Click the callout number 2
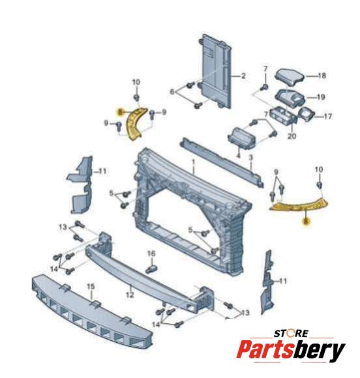[x=243, y=76]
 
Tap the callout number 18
[x=322, y=76]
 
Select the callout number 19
[x=321, y=97]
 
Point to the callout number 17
[x=327, y=117]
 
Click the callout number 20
[x=292, y=136]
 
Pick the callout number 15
[x=91, y=287]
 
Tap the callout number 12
[x=130, y=295]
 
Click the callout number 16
[x=151, y=254]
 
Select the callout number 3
[x=251, y=158]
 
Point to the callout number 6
[x=172, y=92]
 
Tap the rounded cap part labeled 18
[x=290, y=77]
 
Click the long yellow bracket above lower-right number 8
[x=299, y=205]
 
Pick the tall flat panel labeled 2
[x=216, y=71]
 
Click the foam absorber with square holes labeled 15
[x=92, y=311]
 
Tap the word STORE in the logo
[x=291, y=334]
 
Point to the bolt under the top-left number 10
[x=136, y=98]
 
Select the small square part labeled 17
[x=307, y=114]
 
